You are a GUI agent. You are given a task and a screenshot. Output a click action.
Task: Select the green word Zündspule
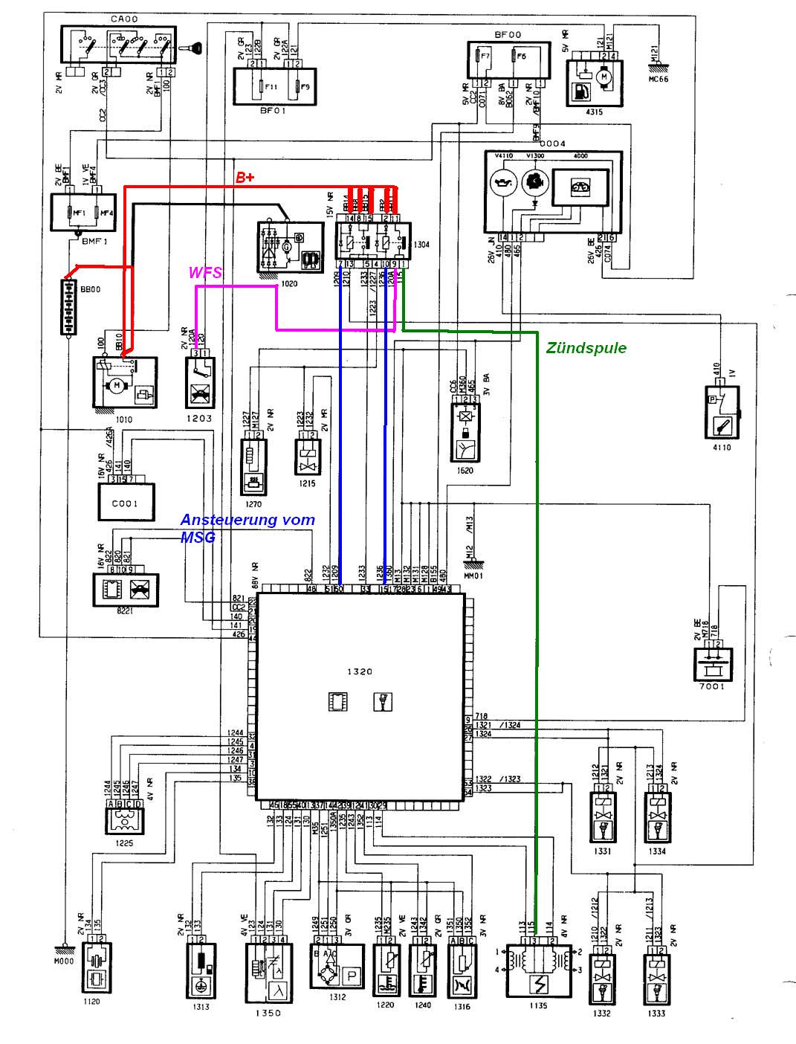tap(586, 348)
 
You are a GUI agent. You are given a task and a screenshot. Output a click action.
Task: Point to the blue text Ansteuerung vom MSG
tap(248, 528)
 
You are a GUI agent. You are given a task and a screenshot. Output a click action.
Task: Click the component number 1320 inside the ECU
tap(360, 671)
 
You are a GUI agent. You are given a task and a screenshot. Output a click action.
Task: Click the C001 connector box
tap(127, 502)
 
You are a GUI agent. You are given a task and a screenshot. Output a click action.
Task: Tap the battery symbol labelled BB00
tap(68, 307)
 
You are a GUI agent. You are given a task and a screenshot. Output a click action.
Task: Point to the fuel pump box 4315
tap(595, 82)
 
